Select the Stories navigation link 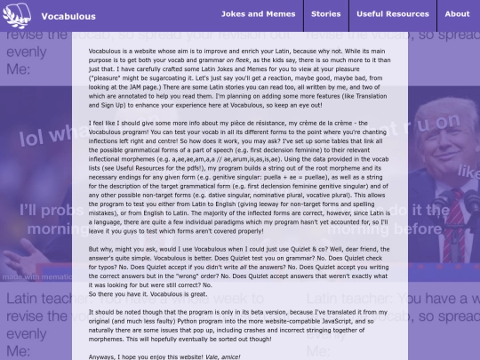pos(326,14)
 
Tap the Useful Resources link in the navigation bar pos(392,14)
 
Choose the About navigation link pos(457,14)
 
